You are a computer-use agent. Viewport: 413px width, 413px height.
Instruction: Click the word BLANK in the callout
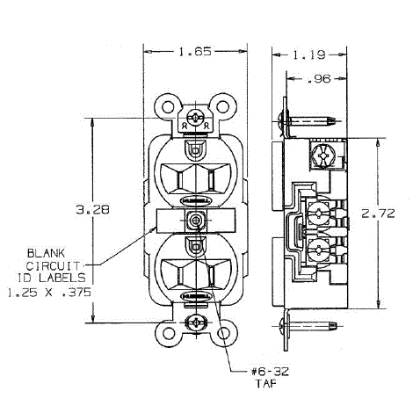click(43, 250)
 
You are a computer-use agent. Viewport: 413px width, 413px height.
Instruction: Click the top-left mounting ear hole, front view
click(168, 107)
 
